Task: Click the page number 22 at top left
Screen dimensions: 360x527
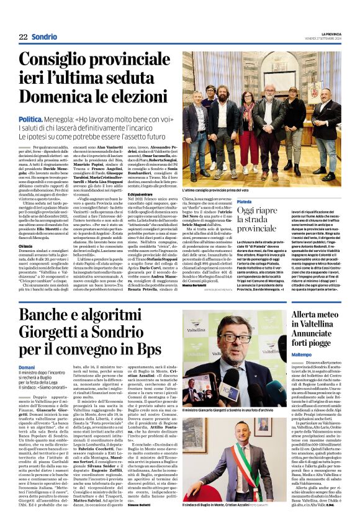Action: [22, 37]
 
